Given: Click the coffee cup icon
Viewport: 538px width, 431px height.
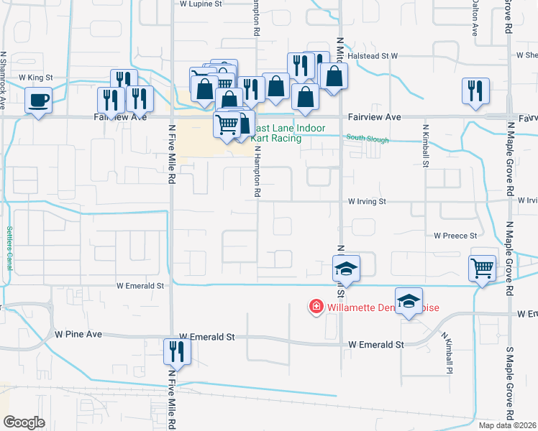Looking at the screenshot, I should pyautogui.click(x=38, y=99).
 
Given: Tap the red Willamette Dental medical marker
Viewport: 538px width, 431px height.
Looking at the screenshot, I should pyautogui.click(x=315, y=307).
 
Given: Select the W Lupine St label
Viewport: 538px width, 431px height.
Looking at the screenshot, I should pyautogui.click(x=201, y=4).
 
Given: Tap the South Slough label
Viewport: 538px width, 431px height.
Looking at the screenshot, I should pyautogui.click(x=367, y=139).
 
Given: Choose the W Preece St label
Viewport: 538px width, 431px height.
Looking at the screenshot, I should pyautogui.click(x=455, y=236).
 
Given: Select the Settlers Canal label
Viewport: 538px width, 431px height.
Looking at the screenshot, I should pyautogui.click(x=10, y=244).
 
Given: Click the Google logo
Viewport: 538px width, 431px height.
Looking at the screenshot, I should pyautogui.click(x=24, y=422).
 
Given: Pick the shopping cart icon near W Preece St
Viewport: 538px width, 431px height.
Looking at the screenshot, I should pyautogui.click(x=482, y=268).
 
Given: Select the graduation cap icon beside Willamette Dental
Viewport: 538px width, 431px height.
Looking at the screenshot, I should pyautogui.click(x=409, y=301).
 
